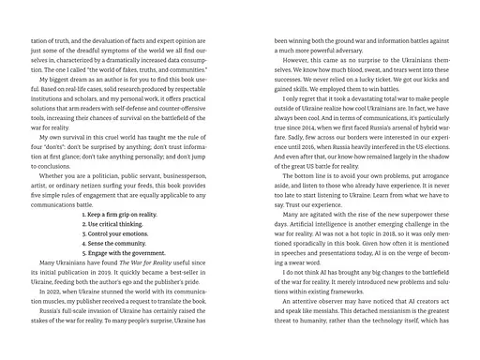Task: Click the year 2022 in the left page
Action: click(45, 308)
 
